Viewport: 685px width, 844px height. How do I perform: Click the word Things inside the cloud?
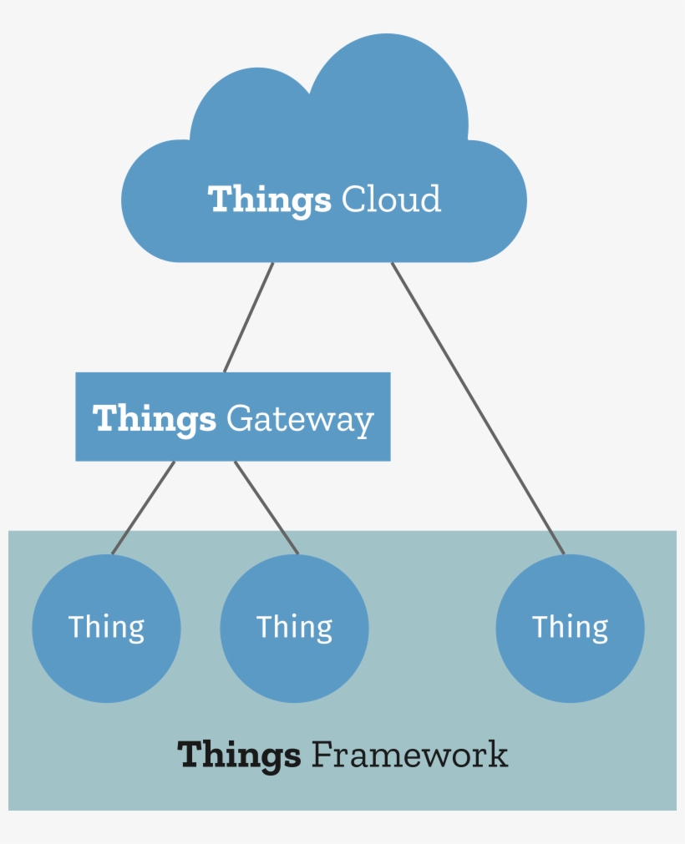(x=269, y=200)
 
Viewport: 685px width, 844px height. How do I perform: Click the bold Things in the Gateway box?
(x=154, y=418)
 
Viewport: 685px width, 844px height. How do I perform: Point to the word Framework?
(x=409, y=755)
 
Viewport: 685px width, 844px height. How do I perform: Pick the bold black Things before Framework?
(x=239, y=755)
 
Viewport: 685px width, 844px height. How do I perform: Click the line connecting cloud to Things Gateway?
(x=249, y=317)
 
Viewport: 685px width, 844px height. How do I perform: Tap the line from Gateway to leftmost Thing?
(x=144, y=507)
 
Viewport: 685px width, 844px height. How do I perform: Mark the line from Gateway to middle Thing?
(x=266, y=507)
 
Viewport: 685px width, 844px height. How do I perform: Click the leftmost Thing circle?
(x=106, y=660)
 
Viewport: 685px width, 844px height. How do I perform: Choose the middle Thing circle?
(x=294, y=660)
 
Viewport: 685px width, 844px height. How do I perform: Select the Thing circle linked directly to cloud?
(x=570, y=660)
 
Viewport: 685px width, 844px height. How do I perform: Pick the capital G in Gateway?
(x=239, y=418)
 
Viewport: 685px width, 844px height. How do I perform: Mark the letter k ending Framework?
(x=499, y=755)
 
